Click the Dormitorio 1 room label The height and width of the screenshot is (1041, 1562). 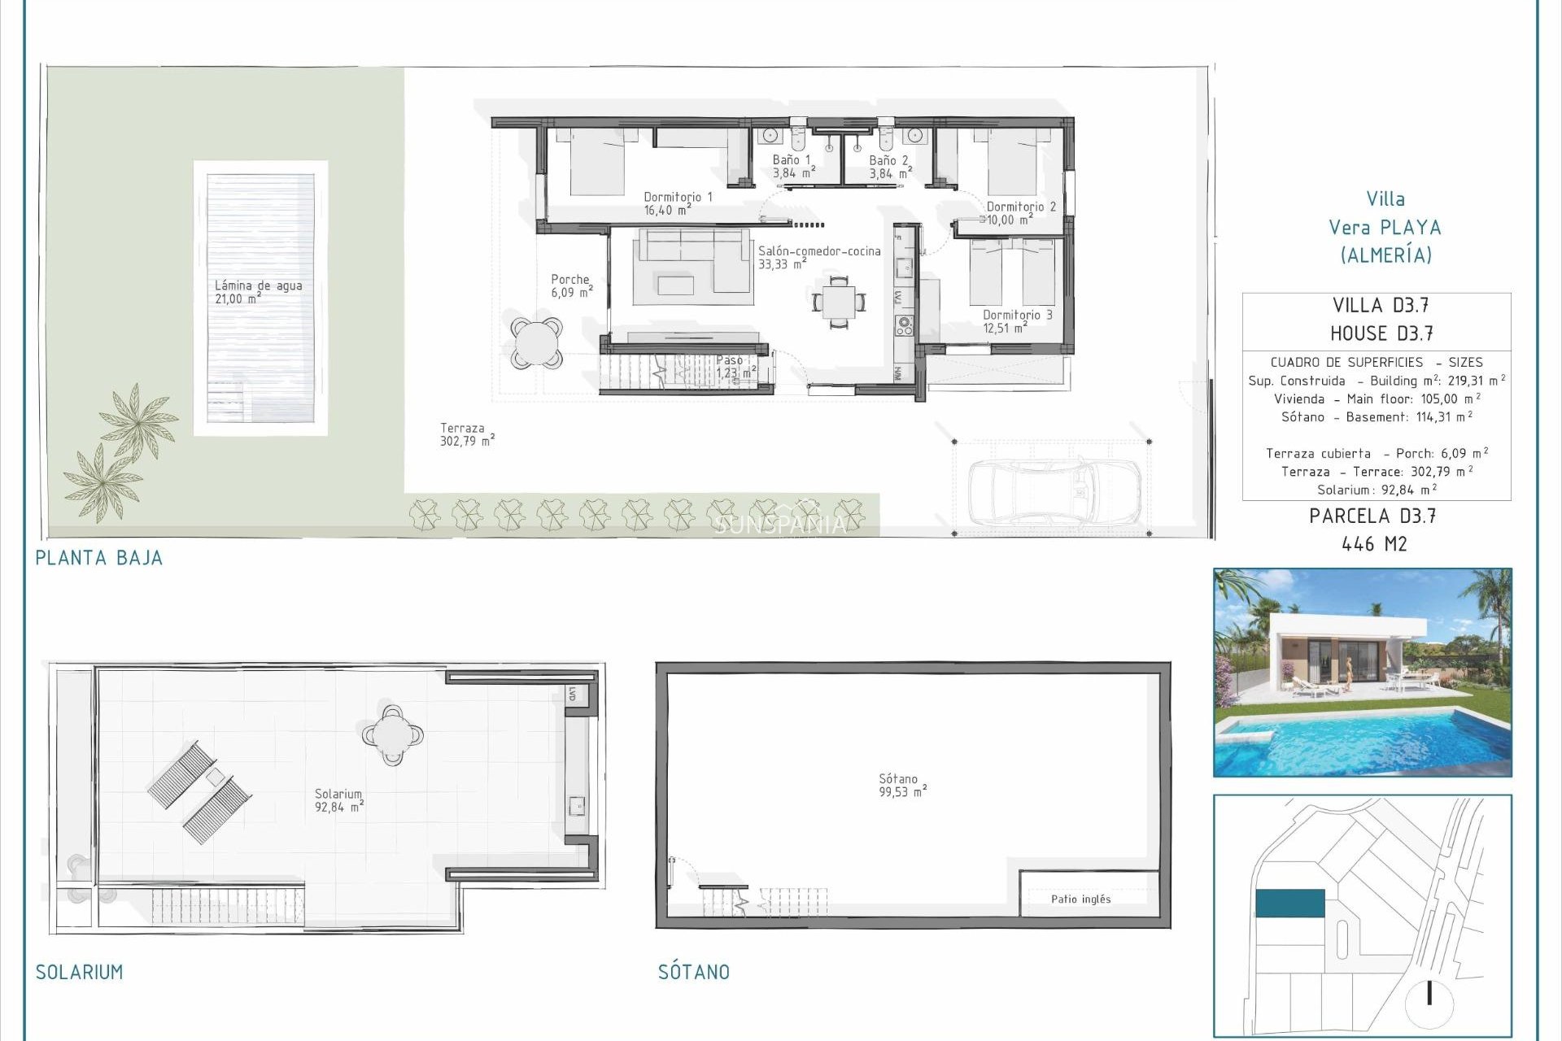coord(677,203)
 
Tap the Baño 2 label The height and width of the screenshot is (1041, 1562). coord(889,167)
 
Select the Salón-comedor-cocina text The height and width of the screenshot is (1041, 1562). coord(818,257)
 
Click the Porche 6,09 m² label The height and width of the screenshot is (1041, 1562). coord(571,285)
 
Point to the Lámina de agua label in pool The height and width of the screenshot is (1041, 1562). coord(258,291)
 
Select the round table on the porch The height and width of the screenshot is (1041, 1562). coord(537,342)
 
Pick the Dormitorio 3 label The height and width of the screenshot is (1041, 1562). coord(1016,321)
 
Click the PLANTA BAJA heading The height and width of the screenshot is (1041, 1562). coord(98,558)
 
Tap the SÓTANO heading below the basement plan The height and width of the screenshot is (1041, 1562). coord(693,972)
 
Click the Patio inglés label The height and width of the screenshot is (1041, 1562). coord(1080,899)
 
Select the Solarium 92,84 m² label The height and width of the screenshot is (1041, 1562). coord(338,800)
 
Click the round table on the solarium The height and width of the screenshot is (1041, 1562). coord(393,735)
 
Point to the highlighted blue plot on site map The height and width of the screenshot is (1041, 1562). coord(1289,903)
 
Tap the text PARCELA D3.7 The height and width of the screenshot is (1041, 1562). coord(1372,516)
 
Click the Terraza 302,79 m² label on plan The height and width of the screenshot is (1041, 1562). coord(466,434)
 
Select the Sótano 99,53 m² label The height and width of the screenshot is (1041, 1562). coord(901,785)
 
